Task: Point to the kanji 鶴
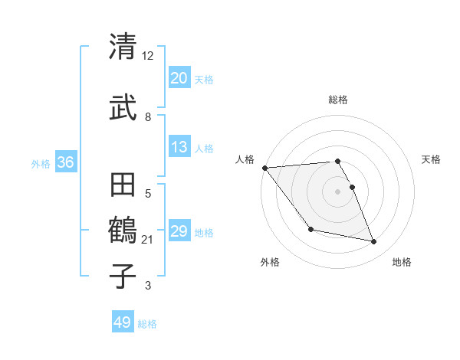(x=123, y=229)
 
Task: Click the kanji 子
(x=123, y=275)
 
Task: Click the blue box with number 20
(x=179, y=79)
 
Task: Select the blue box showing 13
(x=179, y=148)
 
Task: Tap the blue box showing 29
(x=179, y=232)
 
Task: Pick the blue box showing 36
(x=66, y=162)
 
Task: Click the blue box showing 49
(x=123, y=322)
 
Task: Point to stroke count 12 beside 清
(x=148, y=55)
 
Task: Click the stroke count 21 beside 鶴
(x=148, y=240)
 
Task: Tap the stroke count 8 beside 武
(x=148, y=116)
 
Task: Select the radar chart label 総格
(x=338, y=100)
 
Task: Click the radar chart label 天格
(x=431, y=159)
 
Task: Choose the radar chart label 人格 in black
(x=245, y=159)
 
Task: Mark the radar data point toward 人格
(x=264, y=168)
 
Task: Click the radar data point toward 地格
(x=374, y=242)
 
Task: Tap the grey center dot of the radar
(x=338, y=191)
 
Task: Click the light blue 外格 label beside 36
(x=41, y=163)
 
